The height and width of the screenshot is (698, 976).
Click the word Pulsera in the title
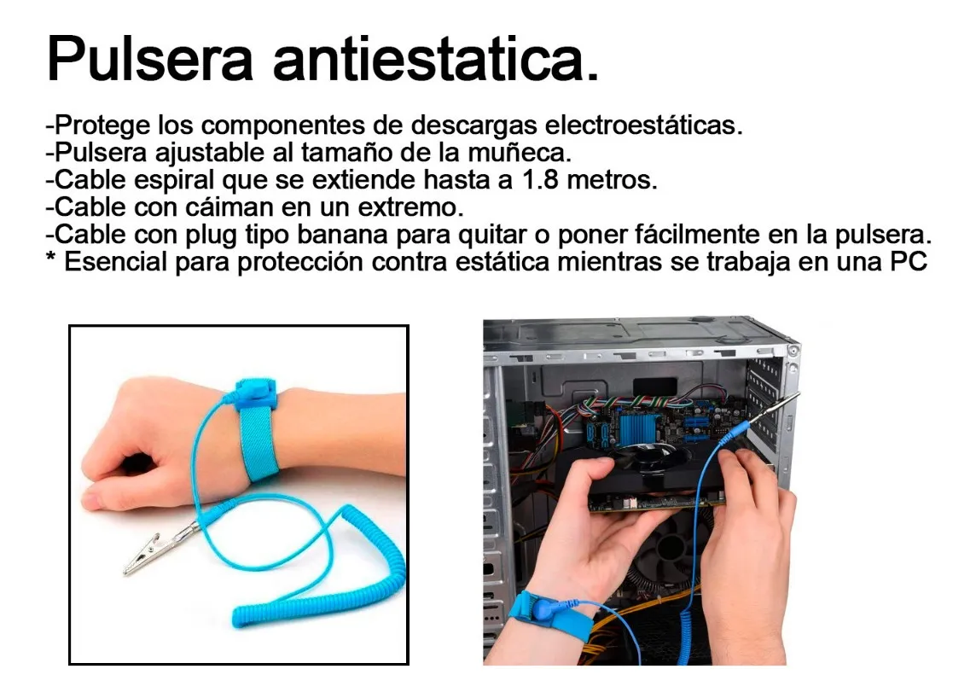point(150,60)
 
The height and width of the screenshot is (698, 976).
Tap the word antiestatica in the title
point(435,60)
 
